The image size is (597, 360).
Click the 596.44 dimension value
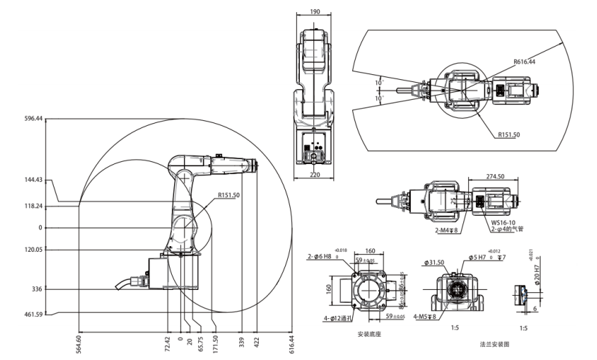[33, 119]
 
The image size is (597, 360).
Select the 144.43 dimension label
[33, 180]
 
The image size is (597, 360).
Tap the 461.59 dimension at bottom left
[33, 313]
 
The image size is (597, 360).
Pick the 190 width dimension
[315, 12]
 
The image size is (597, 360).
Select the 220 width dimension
[315, 173]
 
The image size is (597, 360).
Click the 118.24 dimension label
[33, 207]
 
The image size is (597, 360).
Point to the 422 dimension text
[256, 344]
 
